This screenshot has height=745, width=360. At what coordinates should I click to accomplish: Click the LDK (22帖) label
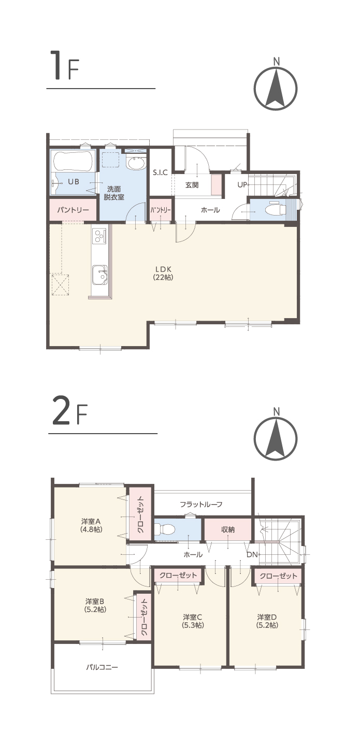[x=163, y=273]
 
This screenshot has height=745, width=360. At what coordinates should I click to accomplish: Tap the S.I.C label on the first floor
[x=160, y=173]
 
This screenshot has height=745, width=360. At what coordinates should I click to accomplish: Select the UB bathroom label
[x=74, y=182]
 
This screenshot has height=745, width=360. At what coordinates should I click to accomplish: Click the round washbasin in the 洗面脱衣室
[x=136, y=164]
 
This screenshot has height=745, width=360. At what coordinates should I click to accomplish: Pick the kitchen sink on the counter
[x=100, y=275]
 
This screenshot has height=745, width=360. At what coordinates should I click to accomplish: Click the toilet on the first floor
[x=277, y=209]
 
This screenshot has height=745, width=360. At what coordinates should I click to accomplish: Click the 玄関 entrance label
[x=192, y=185]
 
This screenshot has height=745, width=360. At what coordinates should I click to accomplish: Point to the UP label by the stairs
[x=242, y=184]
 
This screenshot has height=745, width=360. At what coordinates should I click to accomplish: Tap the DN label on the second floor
[x=252, y=554]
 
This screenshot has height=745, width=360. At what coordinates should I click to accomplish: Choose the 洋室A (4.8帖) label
[x=91, y=525]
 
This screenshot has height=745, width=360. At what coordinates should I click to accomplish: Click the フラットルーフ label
[x=201, y=504]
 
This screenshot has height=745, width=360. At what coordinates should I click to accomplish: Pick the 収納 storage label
[x=228, y=529]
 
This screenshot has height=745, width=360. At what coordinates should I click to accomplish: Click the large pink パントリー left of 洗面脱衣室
[x=73, y=209]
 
